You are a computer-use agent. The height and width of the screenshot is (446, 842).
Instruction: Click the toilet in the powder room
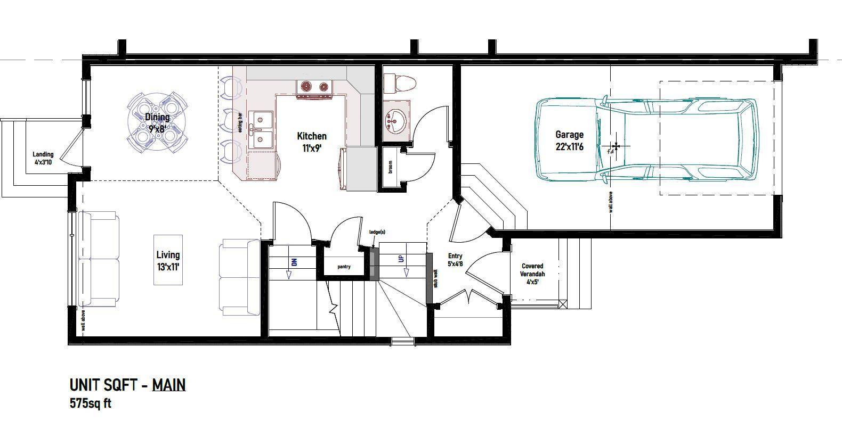tap(400, 84)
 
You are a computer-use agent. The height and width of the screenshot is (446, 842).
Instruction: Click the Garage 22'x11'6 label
tap(570, 141)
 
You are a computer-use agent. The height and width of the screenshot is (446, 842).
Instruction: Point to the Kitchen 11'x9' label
tap(312, 142)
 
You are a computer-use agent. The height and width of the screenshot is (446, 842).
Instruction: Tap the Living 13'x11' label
tap(168, 261)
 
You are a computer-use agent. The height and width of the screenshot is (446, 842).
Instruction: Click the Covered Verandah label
tap(532, 274)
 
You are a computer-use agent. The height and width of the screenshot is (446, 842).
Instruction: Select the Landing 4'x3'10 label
tap(43, 158)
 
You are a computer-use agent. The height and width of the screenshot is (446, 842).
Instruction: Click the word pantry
tap(344, 267)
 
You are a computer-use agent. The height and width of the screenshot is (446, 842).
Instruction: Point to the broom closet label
tap(390, 167)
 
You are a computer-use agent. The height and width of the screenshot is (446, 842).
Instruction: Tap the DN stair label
tap(294, 262)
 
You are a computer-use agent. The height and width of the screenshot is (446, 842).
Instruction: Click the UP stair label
tap(401, 259)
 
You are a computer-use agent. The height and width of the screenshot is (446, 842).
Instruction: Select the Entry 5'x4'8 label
tap(455, 260)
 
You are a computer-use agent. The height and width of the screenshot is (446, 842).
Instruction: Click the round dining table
tap(157, 123)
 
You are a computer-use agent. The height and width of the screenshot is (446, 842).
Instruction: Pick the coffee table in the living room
tap(168, 260)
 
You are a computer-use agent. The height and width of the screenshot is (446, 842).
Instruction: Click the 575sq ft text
tap(91, 403)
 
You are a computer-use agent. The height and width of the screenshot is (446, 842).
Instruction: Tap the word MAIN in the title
tap(169, 385)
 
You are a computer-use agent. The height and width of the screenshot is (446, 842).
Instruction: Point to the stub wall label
tap(436, 278)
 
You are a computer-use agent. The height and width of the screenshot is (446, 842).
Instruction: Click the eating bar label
tap(240, 122)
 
